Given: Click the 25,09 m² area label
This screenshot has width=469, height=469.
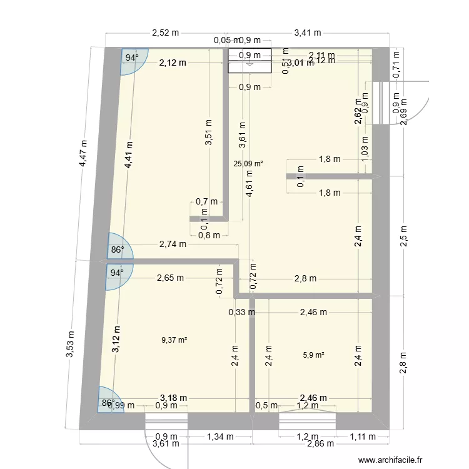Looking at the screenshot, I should [x=248, y=164].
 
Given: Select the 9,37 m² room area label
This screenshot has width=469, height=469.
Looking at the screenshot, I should [x=174, y=340].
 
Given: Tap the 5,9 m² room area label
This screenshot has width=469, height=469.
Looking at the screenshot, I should [x=313, y=355].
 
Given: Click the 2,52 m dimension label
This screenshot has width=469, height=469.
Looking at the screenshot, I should [x=165, y=33].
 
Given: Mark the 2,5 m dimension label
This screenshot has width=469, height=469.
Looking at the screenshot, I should [x=404, y=239].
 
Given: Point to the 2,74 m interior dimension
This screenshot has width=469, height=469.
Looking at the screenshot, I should [x=173, y=244].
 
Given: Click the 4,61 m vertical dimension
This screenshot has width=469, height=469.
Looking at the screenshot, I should [x=250, y=184].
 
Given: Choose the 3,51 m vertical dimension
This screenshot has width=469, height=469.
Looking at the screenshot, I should [x=209, y=133].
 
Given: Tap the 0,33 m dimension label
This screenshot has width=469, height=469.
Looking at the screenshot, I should [x=241, y=311].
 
